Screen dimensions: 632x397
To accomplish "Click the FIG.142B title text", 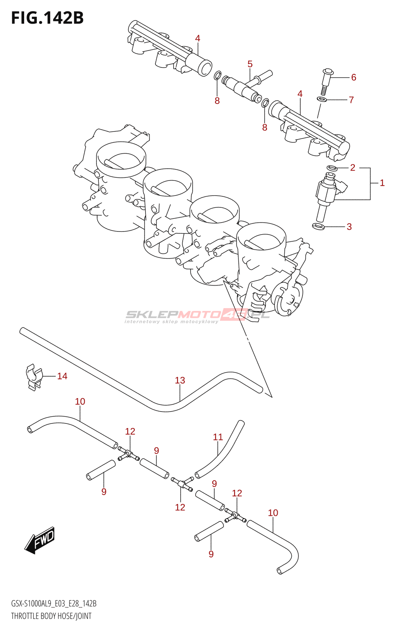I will pos(47,18).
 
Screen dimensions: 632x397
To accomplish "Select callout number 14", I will pos(62,376).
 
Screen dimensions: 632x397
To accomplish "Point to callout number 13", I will pos(180,380).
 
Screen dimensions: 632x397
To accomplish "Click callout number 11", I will pos(218,437).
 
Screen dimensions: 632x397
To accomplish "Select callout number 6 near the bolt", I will pos(354,77).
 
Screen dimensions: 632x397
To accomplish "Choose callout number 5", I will pos(250,64).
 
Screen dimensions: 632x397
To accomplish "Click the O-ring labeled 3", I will pos(318,226).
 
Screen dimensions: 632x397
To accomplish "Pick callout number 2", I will pos(353,168).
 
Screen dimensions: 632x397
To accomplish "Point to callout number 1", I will pos(382,183).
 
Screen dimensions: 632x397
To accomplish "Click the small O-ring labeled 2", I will pos(332,168).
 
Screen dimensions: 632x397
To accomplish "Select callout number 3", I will pos(349,227).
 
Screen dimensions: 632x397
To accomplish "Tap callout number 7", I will pos(351,100).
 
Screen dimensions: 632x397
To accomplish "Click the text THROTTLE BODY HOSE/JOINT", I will pos(51,616).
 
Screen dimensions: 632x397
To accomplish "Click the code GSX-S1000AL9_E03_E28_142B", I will pos(54,604).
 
